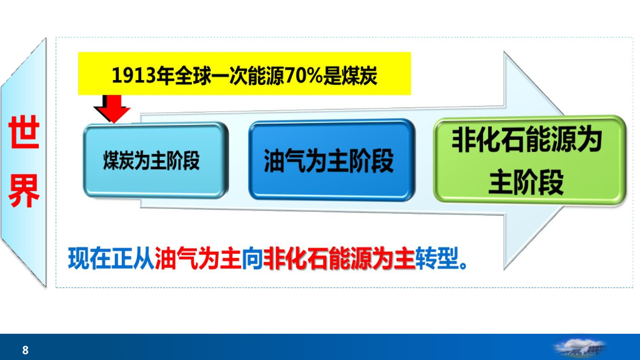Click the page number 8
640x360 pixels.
coord(25,350)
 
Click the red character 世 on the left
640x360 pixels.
coord(24,133)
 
